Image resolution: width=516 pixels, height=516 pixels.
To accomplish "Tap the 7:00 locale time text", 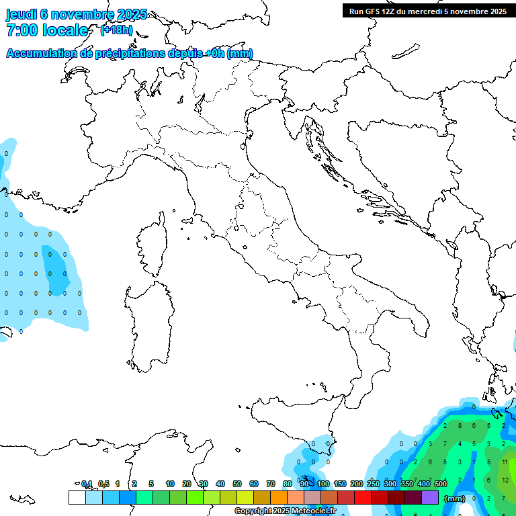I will point(47,30).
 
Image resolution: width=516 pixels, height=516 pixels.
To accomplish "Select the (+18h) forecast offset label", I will point(116,30).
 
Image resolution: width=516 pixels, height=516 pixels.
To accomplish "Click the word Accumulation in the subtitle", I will point(42,54).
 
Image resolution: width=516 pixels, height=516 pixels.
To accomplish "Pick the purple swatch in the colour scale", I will point(430,497).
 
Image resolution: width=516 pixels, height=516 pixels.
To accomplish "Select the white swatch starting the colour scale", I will point(77,497).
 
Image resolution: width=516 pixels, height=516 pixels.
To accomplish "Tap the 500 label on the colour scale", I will point(441,484).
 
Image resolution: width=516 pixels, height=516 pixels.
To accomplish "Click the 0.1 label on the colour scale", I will point(87,484).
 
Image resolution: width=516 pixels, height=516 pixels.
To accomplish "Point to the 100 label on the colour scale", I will point(323,484).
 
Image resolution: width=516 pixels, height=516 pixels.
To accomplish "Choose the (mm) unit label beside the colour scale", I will point(455,499).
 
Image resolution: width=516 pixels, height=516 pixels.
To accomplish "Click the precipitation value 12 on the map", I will point(505,480).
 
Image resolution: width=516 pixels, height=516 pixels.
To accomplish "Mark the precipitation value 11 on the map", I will point(505,462).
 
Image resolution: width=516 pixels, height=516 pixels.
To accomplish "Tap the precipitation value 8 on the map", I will point(460,425).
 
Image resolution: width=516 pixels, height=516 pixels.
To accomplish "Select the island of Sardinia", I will point(147,322).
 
